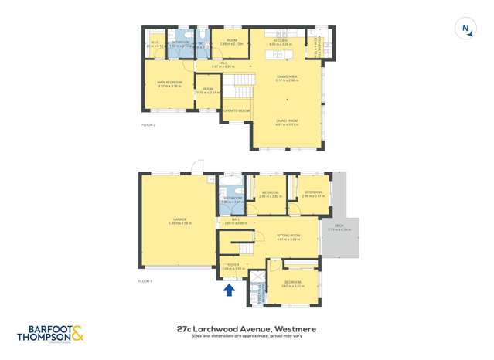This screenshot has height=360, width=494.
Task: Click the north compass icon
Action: click(x=465, y=29)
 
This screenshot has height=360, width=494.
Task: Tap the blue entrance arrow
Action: click(x=229, y=290)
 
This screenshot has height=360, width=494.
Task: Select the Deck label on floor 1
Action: click(x=339, y=228)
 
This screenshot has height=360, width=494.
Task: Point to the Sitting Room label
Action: click(x=288, y=236)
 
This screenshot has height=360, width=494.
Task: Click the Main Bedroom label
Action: click(x=168, y=84)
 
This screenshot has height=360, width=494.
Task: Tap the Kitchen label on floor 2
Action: click(x=280, y=43)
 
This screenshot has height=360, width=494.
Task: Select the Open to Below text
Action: click(x=237, y=111)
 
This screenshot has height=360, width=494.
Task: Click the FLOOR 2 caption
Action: click(x=148, y=124)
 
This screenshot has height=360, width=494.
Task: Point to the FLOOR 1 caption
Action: click(x=145, y=281)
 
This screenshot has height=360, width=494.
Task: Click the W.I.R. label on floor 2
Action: click(x=154, y=43)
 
